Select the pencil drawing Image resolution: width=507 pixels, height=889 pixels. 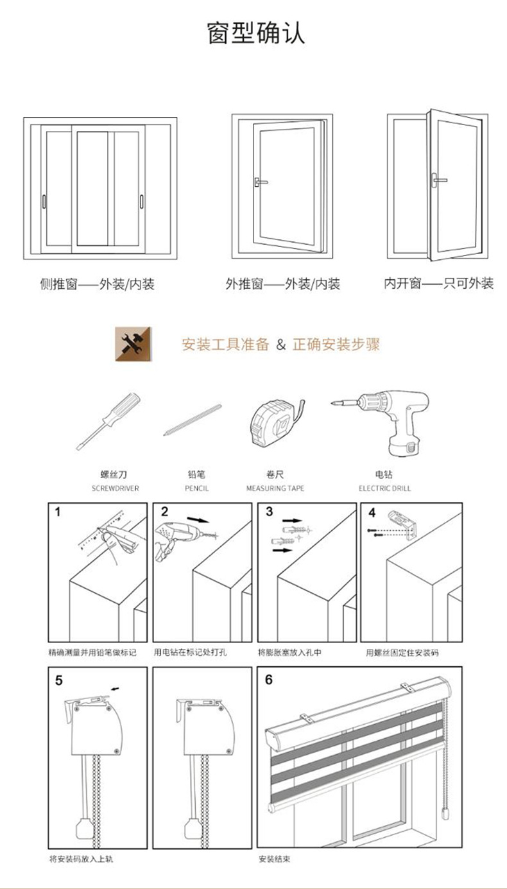click(x=193, y=420)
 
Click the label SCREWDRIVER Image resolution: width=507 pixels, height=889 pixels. click(x=116, y=488)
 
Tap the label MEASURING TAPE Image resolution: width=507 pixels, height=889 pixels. click(x=275, y=488)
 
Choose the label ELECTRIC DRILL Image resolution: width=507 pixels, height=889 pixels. click(x=384, y=488)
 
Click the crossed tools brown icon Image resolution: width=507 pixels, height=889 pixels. click(x=133, y=343)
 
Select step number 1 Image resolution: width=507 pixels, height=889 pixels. click(x=58, y=512)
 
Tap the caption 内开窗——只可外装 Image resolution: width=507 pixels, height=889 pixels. click(x=439, y=283)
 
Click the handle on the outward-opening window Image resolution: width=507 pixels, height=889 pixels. click(x=259, y=182)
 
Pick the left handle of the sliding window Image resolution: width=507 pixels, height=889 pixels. click(x=44, y=201)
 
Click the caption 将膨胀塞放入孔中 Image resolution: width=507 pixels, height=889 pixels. click(x=289, y=652)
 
